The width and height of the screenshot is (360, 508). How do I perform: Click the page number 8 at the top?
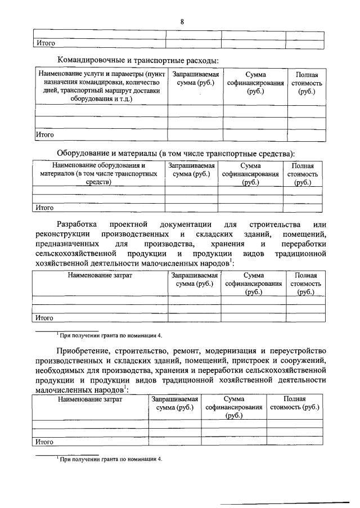click(x=182, y=21)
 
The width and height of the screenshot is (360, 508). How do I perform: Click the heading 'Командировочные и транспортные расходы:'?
click(x=137, y=60)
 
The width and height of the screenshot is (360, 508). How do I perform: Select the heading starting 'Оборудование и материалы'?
click(x=175, y=153)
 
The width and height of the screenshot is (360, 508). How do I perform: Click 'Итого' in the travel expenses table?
click(x=44, y=135)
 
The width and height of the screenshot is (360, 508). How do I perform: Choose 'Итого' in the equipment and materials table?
click(x=44, y=208)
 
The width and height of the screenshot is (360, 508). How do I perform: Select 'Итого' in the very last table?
click(x=44, y=442)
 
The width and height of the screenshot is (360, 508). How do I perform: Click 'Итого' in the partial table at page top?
click(x=44, y=43)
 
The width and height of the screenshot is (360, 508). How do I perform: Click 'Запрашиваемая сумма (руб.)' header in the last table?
click(x=174, y=403)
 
